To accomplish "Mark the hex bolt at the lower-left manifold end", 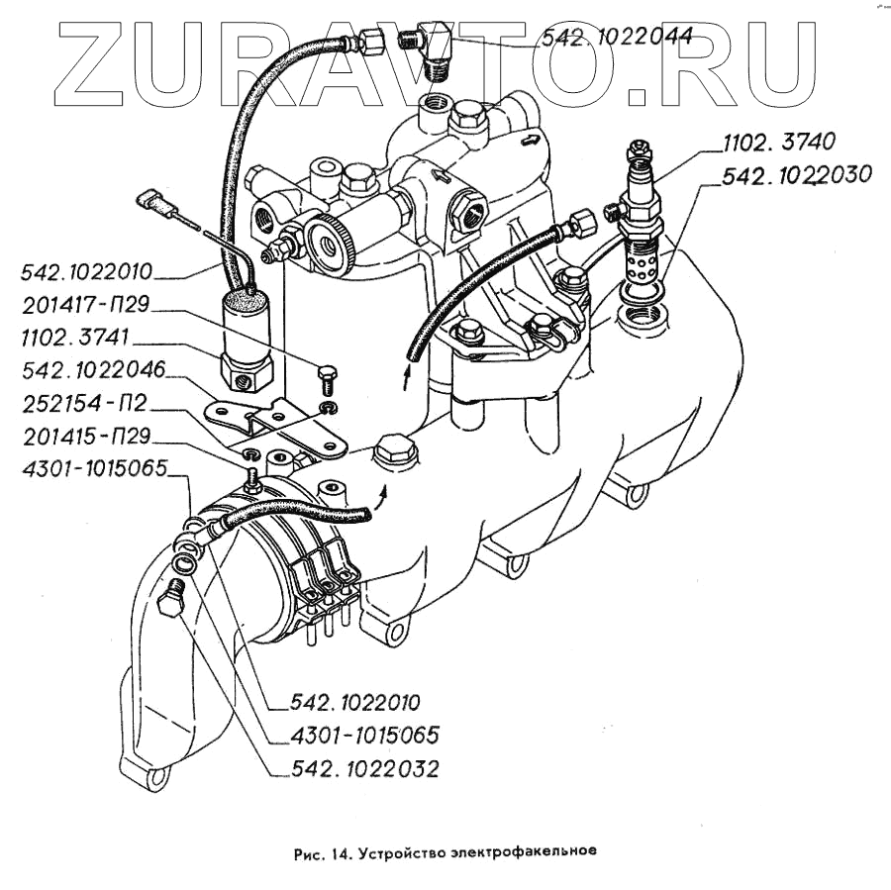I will pyautogui.click(x=171, y=600).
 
